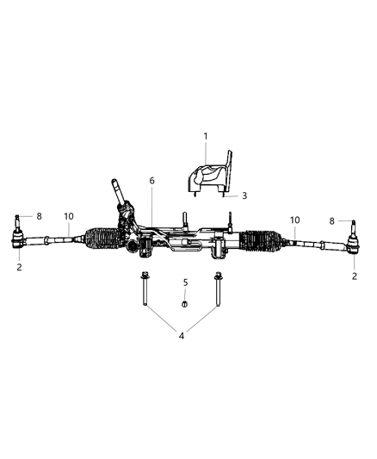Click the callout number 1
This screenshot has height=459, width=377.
[205, 136]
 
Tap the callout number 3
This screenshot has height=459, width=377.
[244, 195]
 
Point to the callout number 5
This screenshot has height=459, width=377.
[184, 282]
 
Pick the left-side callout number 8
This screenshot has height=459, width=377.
[27, 217]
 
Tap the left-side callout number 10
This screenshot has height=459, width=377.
[68, 216]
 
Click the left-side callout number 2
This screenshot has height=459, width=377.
[19, 268]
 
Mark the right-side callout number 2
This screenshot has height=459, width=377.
[354, 276]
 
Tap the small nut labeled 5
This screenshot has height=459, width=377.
[184, 303]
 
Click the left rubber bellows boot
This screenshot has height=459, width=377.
[103, 241]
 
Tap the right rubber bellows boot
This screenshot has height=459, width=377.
[263, 242]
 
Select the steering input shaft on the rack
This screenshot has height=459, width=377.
[116, 190]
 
